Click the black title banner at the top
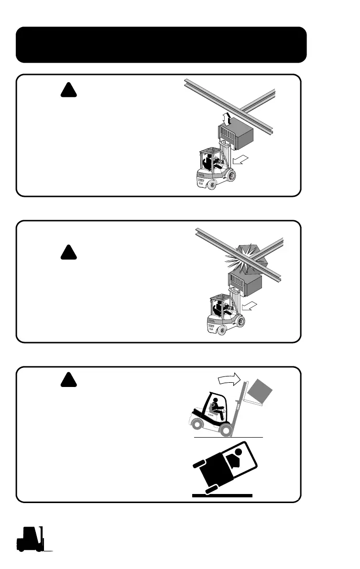(x=161, y=44)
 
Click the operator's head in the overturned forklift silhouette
(x=239, y=451)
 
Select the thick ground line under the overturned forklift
(x=222, y=496)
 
